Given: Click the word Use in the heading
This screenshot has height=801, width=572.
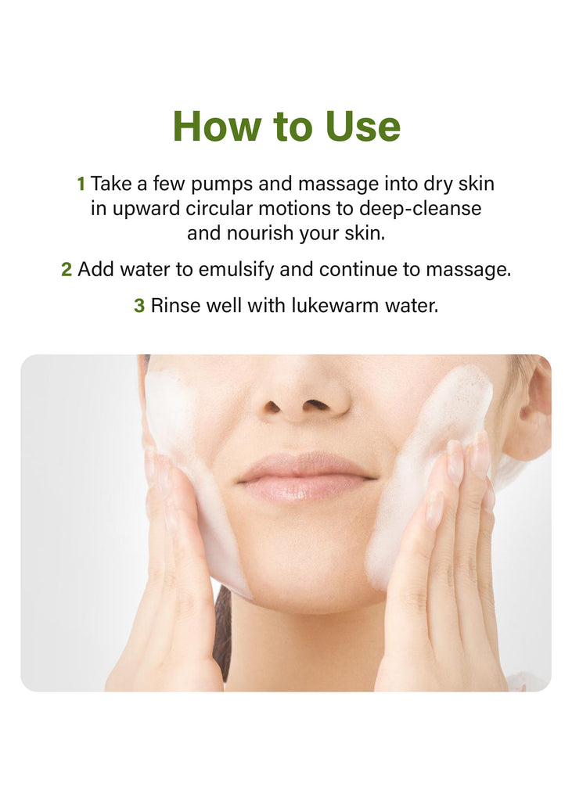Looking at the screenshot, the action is pyautogui.click(x=363, y=126).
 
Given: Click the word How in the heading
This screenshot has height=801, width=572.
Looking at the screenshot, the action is pyautogui.click(x=216, y=126).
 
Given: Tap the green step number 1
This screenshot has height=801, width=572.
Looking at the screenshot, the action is pyautogui.click(x=81, y=184).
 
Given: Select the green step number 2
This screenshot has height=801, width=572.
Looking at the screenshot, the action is pyautogui.click(x=67, y=269).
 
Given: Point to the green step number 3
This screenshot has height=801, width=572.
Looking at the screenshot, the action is pyautogui.click(x=139, y=306).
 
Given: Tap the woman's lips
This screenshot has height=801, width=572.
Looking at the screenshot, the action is pyautogui.click(x=307, y=477).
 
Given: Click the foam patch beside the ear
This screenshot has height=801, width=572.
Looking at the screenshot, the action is pyautogui.click(x=434, y=460).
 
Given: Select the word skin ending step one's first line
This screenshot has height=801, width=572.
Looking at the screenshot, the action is pyautogui.click(x=477, y=184).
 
